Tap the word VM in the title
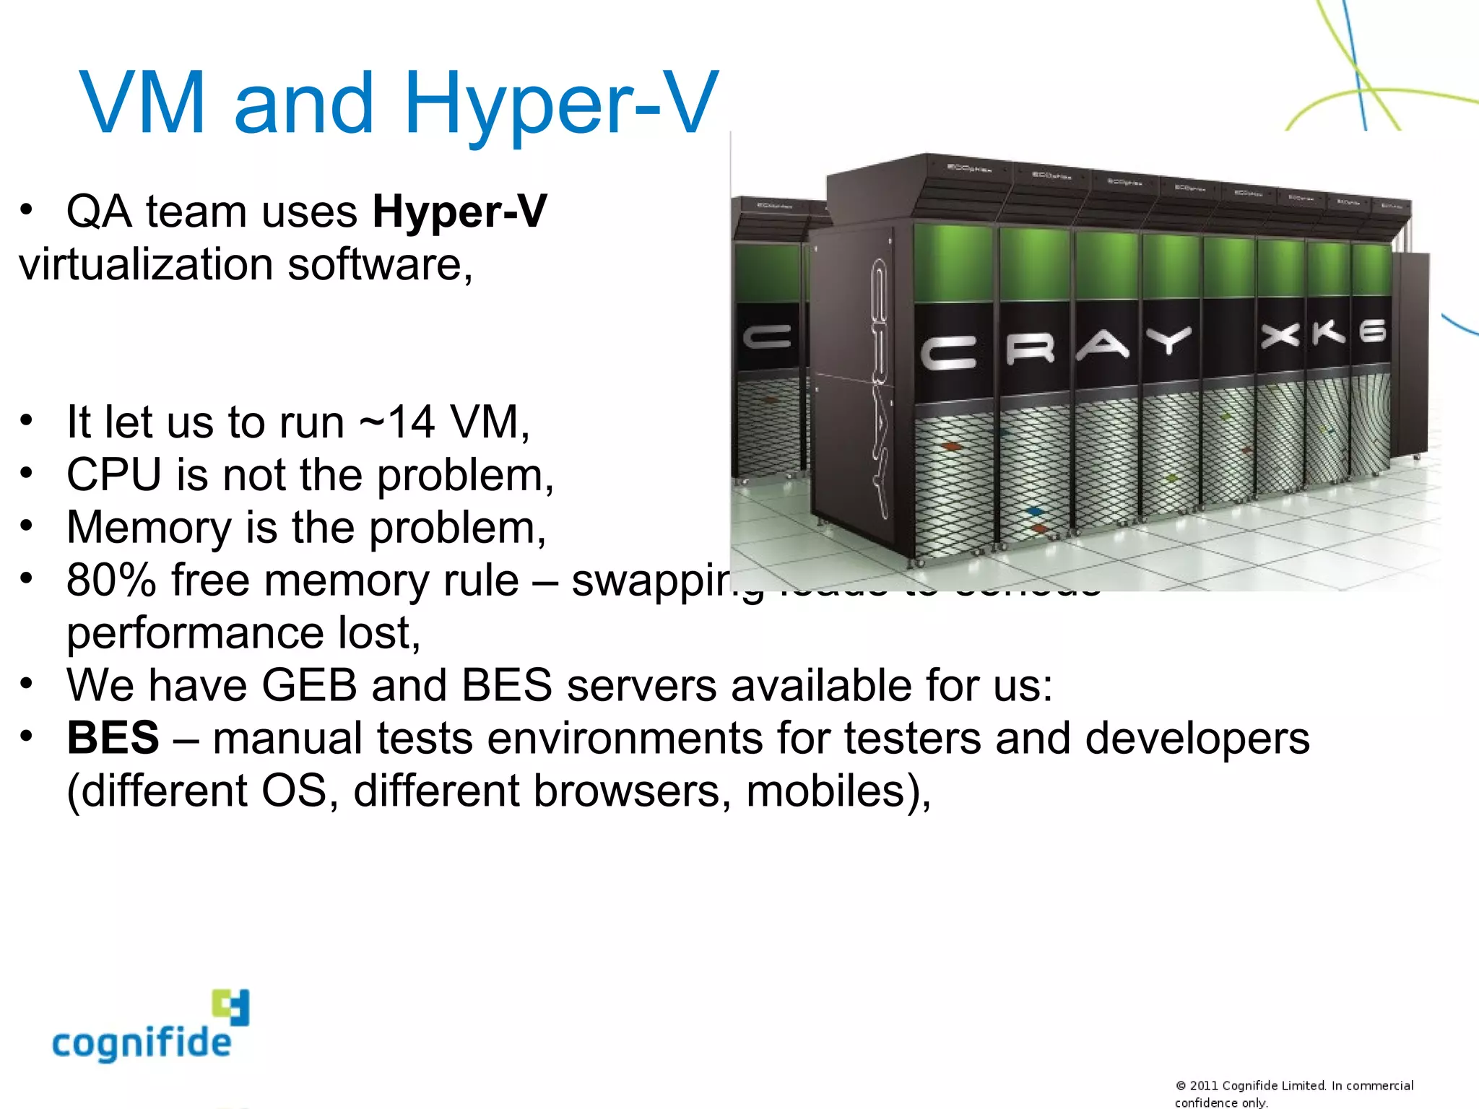142,103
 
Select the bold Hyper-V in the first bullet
459,212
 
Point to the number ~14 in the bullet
398,422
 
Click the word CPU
113,475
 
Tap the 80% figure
111,580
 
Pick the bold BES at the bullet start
113,738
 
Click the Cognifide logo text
142,1042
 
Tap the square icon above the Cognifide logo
230,1006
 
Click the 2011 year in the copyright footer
1203,1085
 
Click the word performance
195,633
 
